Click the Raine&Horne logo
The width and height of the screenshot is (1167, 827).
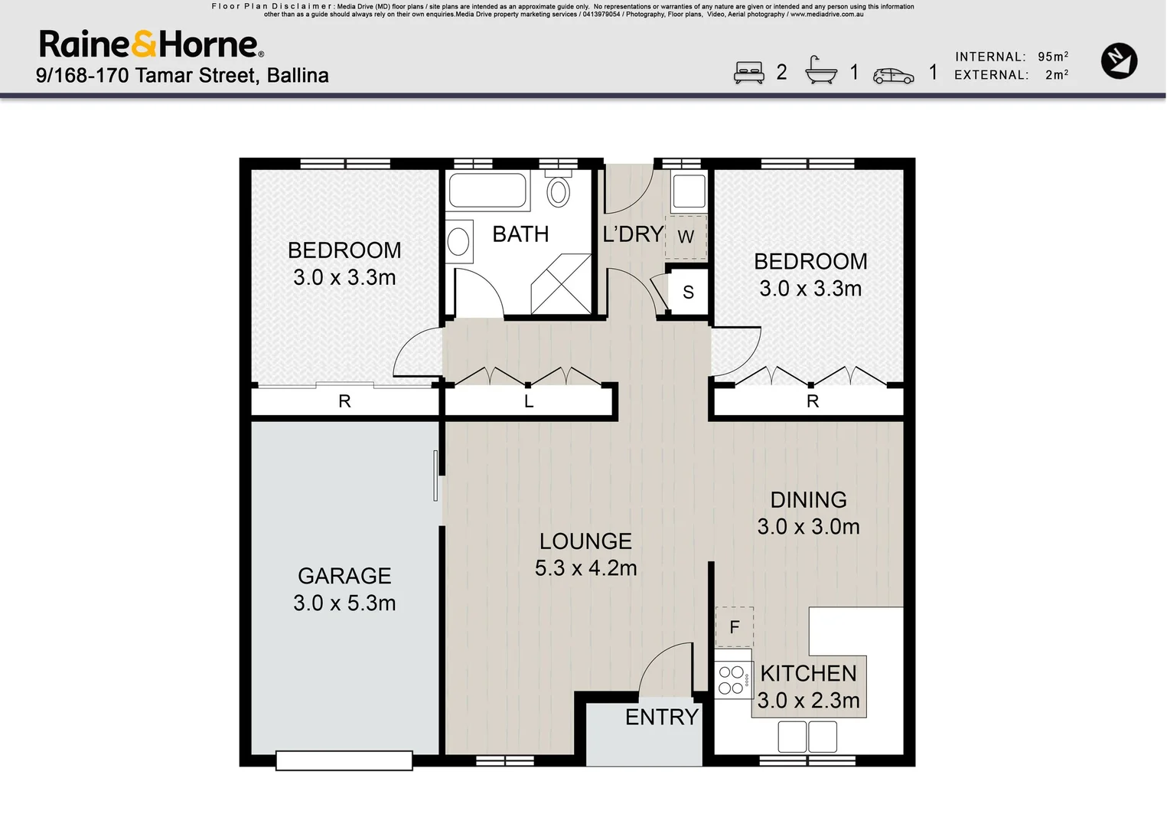(152, 44)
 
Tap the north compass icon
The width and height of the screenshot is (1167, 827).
(1119, 61)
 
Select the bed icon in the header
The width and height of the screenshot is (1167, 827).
(748, 73)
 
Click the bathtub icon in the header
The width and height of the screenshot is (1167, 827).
(820, 71)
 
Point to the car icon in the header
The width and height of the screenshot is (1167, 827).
(893, 75)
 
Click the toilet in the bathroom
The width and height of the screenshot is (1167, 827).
(559, 191)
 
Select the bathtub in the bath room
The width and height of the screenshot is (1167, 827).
(487, 190)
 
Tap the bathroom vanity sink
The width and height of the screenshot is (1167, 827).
(458, 242)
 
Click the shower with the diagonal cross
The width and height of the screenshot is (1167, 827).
(561, 284)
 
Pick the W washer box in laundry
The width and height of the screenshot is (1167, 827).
(686, 237)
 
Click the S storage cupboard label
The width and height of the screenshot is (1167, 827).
(688, 292)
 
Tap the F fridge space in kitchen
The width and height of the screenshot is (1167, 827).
(735, 627)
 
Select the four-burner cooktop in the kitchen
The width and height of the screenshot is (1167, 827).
(732, 679)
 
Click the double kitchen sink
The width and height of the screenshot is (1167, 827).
(807, 737)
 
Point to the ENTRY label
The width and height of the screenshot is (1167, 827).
(662, 717)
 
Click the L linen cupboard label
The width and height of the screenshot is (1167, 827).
(529, 401)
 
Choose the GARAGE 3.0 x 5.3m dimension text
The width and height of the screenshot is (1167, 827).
(344, 603)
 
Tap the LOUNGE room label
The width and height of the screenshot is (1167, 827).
(585, 541)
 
